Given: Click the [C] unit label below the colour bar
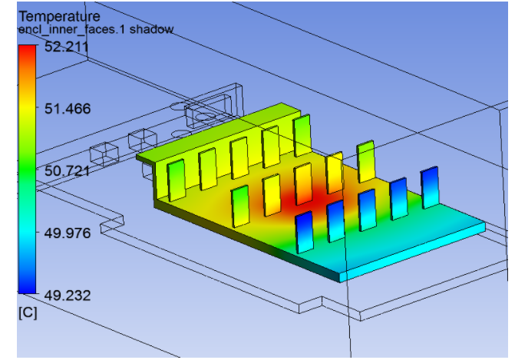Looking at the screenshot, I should coord(28,313).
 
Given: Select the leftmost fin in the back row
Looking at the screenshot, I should coord(177,180).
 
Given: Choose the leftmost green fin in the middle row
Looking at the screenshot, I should coord(240,206).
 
